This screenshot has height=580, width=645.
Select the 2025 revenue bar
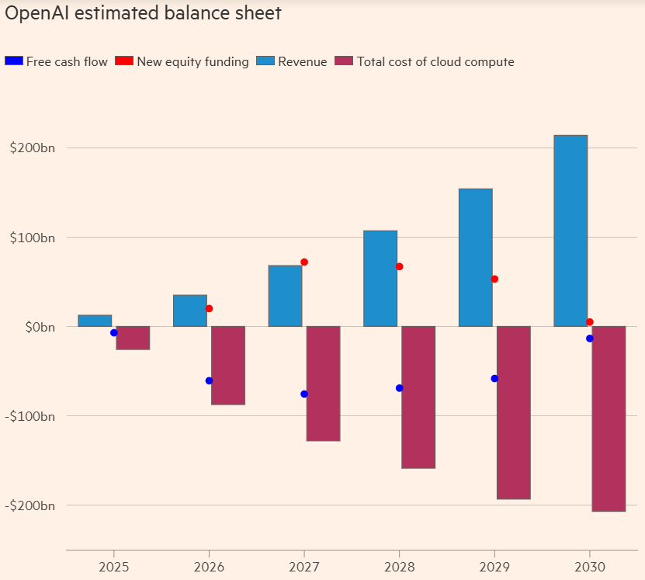(95, 321)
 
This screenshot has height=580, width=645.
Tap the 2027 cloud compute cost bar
(323, 384)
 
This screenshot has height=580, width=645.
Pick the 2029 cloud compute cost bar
(513, 412)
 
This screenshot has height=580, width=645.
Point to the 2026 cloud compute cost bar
(228, 365)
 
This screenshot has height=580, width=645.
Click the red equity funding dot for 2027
(304, 262)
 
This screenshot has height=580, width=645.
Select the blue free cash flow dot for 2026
(209, 380)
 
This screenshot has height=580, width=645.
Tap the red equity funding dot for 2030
(590, 322)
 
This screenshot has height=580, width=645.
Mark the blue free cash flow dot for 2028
(399, 388)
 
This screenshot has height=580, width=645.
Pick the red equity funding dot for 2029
(494, 279)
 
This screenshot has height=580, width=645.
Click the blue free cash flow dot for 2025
(114, 332)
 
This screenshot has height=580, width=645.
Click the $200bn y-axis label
(33, 148)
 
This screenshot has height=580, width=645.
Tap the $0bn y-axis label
(39, 327)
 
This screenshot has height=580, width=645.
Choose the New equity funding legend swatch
(124, 61)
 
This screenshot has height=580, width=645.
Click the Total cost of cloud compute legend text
(435, 61)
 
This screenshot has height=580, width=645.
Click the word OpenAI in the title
(32, 13)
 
